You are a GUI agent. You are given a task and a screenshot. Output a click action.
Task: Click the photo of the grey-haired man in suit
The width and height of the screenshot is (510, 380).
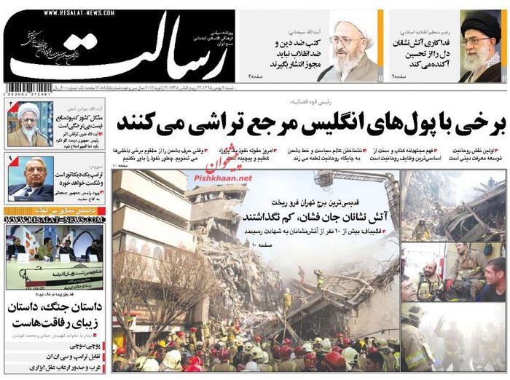[x=29, y=178]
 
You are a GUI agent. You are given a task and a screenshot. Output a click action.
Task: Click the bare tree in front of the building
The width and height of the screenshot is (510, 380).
[x=157, y=291]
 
